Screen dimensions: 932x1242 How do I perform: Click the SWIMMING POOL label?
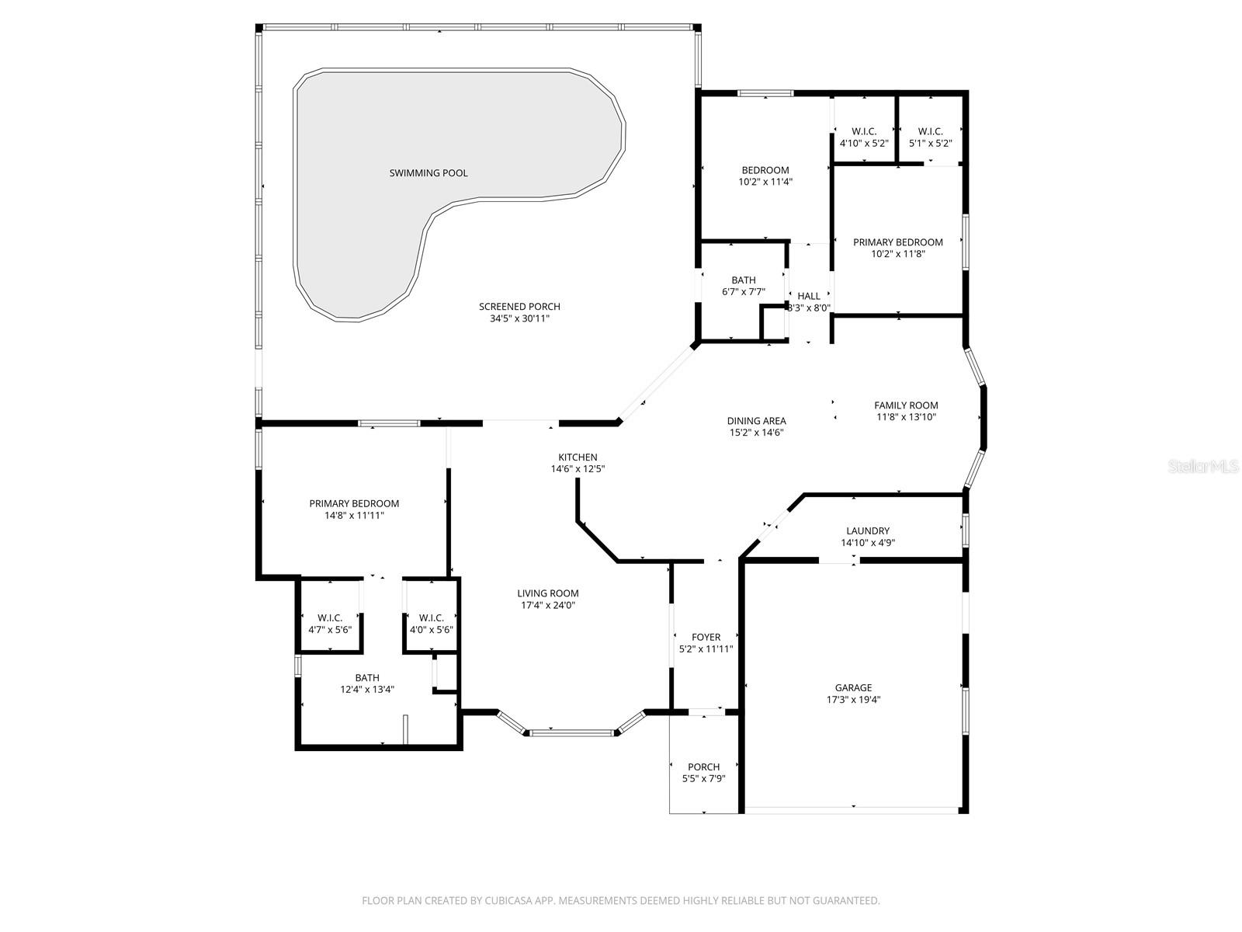[428, 173]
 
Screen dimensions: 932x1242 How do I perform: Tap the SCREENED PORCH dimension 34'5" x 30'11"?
[519, 318]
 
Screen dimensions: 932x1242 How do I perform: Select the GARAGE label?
[853, 687]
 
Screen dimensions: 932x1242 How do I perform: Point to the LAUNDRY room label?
[868, 531]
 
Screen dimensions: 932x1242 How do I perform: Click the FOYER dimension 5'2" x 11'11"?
[706, 649]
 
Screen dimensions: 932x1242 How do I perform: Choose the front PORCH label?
[703, 767]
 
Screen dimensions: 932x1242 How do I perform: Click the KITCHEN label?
[578, 457]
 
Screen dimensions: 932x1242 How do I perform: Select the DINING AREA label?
[756, 421]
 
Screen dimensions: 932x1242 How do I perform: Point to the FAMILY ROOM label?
[906, 405]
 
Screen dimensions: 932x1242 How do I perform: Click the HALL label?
[809, 296]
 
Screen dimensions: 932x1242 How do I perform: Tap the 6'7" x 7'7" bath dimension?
[743, 292]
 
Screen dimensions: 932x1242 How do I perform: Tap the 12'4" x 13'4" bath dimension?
[367, 690]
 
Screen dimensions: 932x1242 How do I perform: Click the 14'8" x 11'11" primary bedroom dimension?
[354, 515]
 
